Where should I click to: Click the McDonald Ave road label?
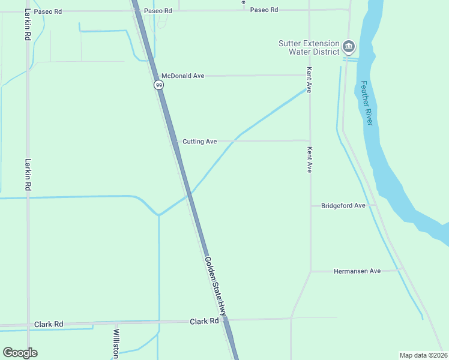coord(183,76)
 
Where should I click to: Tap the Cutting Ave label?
coord(199,142)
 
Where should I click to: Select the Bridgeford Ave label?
coord(343,206)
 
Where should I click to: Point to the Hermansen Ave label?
coord(357,271)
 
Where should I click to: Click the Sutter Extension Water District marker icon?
coord(349,46)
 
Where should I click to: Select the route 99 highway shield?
coord(158,85)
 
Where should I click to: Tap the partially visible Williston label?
coord(116,344)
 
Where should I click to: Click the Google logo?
coord(20,352)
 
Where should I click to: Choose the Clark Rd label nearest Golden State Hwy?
coord(204,322)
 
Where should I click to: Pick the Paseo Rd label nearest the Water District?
coord(264,10)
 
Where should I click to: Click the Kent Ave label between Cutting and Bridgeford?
coord(310,160)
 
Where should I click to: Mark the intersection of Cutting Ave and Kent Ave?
coord(310,141)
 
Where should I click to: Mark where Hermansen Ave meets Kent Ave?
coord(310,271)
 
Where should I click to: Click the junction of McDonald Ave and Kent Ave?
coord(309,76)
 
